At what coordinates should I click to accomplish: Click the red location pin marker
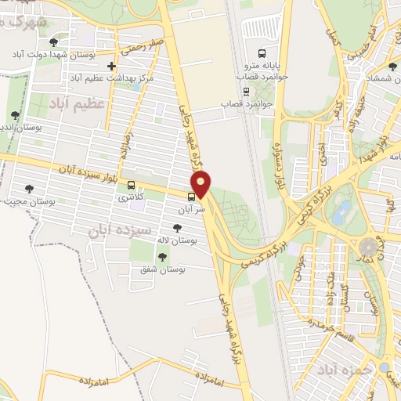tap(202, 186)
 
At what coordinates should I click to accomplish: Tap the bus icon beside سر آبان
tap(193, 196)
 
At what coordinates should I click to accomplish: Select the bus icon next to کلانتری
tap(132, 186)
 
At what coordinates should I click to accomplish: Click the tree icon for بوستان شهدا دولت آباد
tap(53, 42)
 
